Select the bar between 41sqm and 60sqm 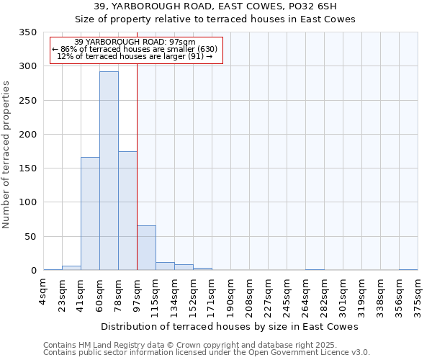tap(90, 214)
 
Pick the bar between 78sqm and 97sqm tap(127, 211)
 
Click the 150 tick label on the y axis tap(29, 168)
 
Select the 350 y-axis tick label tap(29, 32)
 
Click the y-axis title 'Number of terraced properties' tap(7, 155)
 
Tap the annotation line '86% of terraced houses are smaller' tap(134, 49)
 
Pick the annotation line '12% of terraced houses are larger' tap(134, 56)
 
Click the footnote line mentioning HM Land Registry tap(185, 346)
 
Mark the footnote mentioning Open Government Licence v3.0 tap(206, 353)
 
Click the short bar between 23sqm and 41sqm tap(71, 268)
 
